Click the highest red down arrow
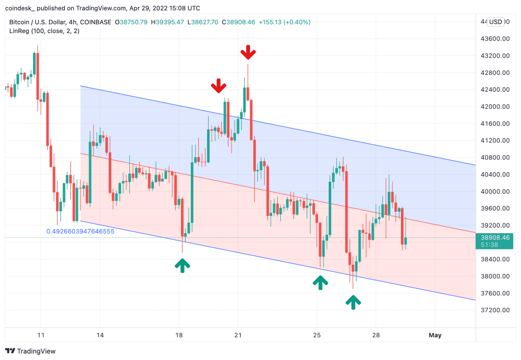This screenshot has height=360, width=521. [248, 52]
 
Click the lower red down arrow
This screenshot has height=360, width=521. [219, 86]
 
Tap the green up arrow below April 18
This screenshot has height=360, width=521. [182, 264]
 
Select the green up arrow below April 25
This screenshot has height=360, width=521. [320, 282]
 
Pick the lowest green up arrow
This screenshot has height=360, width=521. [353, 302]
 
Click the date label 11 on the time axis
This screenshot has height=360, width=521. [41, 335]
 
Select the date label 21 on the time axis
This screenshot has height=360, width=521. [238, 335]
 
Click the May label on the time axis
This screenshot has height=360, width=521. [435, 335]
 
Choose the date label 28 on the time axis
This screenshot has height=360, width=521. [375, 335]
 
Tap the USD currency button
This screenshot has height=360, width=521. [496, 22]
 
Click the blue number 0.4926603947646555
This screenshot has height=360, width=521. [80, 231]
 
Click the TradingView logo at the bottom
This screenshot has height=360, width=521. [31, 351]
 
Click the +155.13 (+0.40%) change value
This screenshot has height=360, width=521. [284, 22]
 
